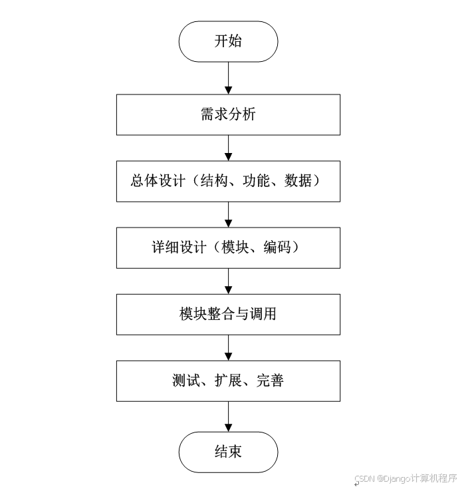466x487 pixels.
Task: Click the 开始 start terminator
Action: pos(228,41)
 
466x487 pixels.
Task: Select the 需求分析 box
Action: pos(228,114)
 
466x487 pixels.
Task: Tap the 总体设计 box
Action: pos(228,181)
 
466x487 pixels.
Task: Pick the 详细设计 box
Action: pos(228,247)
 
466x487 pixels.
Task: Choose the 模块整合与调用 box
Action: pos(228,314)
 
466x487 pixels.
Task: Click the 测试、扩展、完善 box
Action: pos(228,381)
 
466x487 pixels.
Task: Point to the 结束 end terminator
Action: pos(228,452)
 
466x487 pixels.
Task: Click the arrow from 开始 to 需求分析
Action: pos(228,78)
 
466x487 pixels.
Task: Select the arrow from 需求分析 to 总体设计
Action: pos(228,148)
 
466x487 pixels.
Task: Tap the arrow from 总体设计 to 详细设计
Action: pos(228,214)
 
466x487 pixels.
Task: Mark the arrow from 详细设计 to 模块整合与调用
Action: pos(228,281)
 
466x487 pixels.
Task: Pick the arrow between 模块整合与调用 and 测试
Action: pos(228,347)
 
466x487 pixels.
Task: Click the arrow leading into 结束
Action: pos(228,416)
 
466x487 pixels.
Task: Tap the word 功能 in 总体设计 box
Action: pos(257,181)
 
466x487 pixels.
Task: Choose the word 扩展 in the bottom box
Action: pos(229,381)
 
